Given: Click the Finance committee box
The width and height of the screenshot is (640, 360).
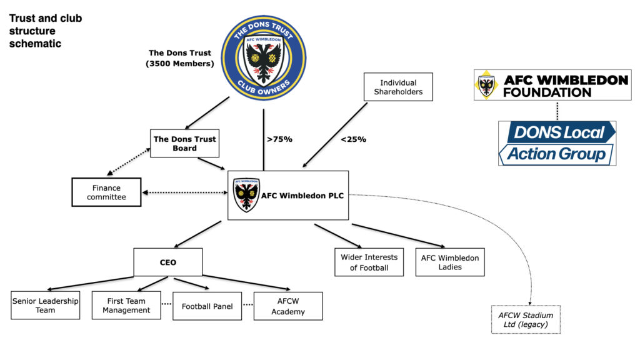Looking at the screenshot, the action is (106, 192).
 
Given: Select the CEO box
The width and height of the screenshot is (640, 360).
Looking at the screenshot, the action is (167, 262).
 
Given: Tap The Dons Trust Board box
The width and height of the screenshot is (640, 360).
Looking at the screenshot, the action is (184, 143).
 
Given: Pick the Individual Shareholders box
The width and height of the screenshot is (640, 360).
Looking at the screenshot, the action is (398, 87).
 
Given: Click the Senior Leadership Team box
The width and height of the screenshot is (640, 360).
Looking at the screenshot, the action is (45, 305).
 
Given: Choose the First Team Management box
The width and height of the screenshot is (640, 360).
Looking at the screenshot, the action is (126, 305).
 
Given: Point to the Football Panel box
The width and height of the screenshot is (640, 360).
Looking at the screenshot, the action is (207, 306).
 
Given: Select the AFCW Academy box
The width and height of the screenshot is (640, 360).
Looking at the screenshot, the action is (288, 306).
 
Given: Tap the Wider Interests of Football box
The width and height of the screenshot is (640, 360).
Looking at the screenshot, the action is (369, 262).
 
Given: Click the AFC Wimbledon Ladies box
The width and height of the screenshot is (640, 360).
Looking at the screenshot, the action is (450, 262).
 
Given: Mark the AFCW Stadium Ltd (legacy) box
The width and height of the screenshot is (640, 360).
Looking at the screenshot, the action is (526, 319).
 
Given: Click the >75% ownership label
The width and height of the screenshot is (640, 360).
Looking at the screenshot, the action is (279, 139).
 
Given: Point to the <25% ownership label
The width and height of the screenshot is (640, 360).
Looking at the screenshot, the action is (354, 139).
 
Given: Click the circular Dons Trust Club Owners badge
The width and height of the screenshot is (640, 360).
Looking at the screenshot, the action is (264, 57).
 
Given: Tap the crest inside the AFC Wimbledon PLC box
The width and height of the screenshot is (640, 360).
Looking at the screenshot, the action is (246, 195).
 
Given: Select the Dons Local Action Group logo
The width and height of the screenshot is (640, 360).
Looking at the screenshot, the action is (557, 143).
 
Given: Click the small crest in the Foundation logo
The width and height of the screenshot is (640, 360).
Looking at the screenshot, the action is (486, 85).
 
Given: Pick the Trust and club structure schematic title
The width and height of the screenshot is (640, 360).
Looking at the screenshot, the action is (45, 31).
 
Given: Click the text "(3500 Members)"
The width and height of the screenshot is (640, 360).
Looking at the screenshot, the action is (180, 64).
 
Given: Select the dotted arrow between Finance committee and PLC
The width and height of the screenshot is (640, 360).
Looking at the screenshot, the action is (185, 192).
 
